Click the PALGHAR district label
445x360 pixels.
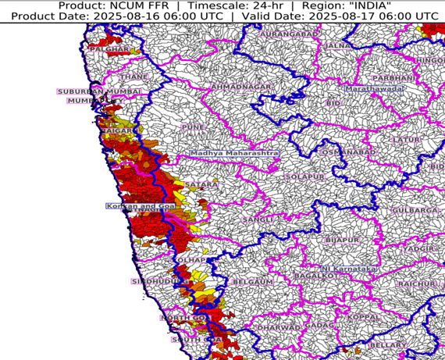[109, 50]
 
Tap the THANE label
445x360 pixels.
[134, 77]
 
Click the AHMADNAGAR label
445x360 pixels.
[244, 86]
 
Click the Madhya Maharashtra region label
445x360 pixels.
[233, 154]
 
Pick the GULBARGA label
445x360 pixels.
[416, 211]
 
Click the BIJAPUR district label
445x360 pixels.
[341, 239]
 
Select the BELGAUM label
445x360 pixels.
[253, 281]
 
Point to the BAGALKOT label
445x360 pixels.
[319, 276]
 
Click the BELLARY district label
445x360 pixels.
[388, 344]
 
